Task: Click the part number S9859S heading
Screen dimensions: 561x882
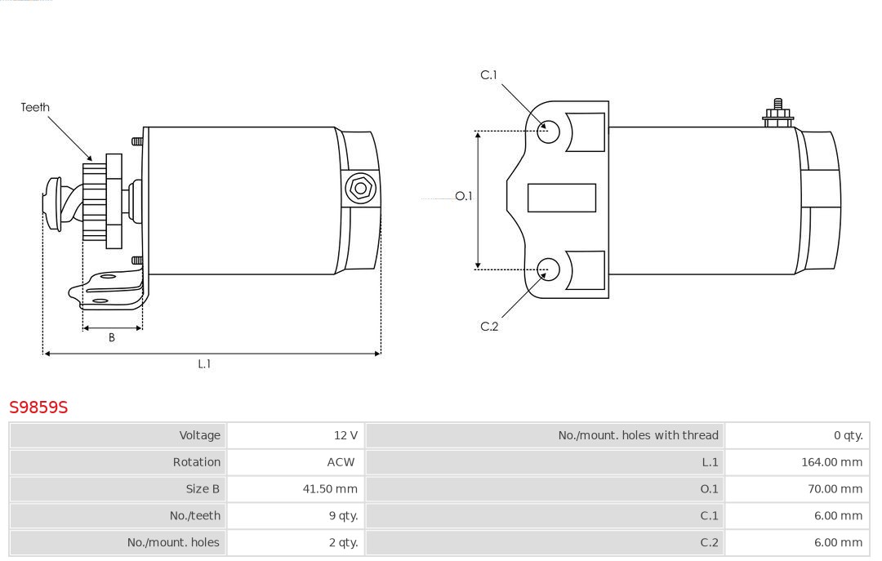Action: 38,407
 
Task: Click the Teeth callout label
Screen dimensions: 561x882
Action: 35,107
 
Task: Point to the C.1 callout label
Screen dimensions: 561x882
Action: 488,75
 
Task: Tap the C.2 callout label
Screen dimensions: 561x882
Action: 489,327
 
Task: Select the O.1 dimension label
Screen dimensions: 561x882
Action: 463,196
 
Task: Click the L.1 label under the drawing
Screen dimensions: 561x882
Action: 204,364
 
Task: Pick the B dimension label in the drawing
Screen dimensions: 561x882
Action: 112,337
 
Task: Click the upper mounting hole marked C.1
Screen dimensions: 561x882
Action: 549,131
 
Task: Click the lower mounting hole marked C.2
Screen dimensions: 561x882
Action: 549,269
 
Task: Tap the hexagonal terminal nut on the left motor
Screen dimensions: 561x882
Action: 360,189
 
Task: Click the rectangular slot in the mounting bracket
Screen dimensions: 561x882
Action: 561,198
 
